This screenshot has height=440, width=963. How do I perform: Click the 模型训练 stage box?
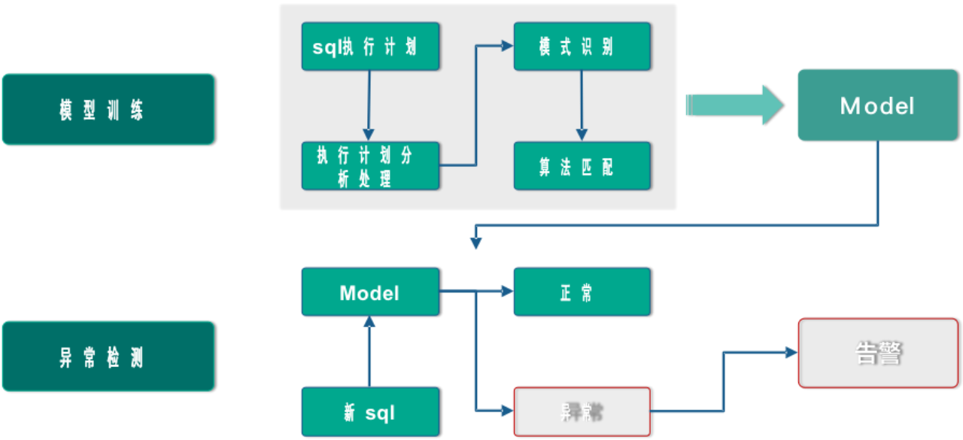(108, 109)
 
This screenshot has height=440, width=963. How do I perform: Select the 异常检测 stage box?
(108, 357)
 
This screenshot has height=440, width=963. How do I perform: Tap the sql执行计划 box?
(369, 47)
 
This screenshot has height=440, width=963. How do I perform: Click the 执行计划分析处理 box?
(369, 165)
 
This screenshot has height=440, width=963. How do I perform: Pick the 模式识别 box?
(582, 47)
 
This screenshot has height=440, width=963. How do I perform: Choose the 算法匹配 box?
(582, 165)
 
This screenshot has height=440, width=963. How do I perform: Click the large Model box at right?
(876, 105)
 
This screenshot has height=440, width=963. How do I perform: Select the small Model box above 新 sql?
(369, 292)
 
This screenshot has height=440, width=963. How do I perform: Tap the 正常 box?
(582, 292)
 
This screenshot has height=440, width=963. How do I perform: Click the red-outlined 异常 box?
(582, 411)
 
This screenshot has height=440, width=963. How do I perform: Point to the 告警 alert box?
(877, 353)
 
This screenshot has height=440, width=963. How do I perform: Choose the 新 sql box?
(369, 411)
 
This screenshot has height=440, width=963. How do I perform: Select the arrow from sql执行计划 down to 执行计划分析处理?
(369, 105)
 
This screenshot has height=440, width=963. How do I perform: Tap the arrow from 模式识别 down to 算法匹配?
(581, 105)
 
